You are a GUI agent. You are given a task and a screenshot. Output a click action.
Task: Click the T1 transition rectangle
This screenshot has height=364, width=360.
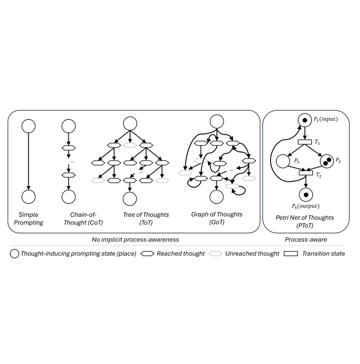[305, 142]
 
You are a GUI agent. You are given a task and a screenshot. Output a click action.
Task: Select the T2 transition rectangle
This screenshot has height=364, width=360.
[305, 172]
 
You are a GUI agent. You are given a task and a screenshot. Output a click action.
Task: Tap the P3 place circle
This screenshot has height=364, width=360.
[283, 161]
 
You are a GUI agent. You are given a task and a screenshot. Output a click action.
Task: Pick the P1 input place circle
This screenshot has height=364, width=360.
[305, 120]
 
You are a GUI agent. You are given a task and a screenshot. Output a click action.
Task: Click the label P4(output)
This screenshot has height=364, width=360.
[305, 206]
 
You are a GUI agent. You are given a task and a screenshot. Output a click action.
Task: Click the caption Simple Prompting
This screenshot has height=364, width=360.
[28, 219]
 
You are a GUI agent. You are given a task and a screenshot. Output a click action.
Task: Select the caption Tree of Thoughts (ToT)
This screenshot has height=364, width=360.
[145, 219]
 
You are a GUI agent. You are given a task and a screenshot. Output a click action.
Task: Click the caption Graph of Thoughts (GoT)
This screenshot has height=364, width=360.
[216, 219]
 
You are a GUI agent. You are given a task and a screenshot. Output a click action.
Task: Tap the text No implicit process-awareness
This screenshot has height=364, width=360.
[135, 239]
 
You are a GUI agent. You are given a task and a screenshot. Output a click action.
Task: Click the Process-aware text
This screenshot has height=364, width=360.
[305, 239]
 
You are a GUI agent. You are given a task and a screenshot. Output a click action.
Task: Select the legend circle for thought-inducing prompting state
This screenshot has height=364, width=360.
[14, 254]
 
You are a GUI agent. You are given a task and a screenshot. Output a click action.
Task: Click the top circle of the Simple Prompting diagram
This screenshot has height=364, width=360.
[28, 126]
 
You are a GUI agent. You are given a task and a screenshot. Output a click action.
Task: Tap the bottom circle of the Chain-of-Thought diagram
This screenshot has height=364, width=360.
[68, 197]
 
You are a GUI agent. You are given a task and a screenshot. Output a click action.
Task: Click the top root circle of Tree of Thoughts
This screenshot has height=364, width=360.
[130, 124]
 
